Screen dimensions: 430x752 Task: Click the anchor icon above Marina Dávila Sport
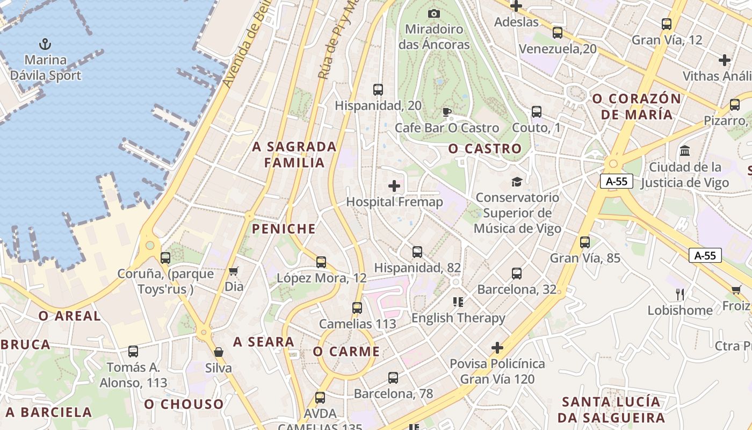(46, 44)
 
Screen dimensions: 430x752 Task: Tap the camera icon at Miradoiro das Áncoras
(434, 13)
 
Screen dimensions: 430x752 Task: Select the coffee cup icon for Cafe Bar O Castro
(446, 112)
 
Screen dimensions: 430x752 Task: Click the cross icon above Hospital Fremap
(394, 186)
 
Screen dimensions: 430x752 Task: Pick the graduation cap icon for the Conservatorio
(517, 182)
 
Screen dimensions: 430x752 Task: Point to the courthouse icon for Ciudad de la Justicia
(685, 151)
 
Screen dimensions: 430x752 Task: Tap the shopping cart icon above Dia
(234, 270)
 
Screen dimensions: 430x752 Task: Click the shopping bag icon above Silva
(219, 352)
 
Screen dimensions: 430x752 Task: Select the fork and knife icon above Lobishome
(680, 294)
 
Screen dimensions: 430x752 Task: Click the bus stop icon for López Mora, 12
(321, 262)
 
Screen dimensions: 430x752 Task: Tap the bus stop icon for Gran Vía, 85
(585, 242)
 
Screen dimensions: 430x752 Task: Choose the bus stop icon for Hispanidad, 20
(378, 90)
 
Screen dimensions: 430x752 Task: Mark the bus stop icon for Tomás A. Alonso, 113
(133, 352)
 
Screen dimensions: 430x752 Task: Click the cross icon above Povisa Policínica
(497, 348)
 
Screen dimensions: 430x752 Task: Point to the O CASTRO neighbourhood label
(485, 149)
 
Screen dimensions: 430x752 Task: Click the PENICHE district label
(284, 229)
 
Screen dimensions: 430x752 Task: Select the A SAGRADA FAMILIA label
(294, 155)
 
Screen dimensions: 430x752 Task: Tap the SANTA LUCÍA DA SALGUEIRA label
(611, 410)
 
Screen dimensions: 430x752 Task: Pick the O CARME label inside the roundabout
(346, 352)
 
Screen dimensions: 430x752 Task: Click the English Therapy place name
(458, 318)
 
